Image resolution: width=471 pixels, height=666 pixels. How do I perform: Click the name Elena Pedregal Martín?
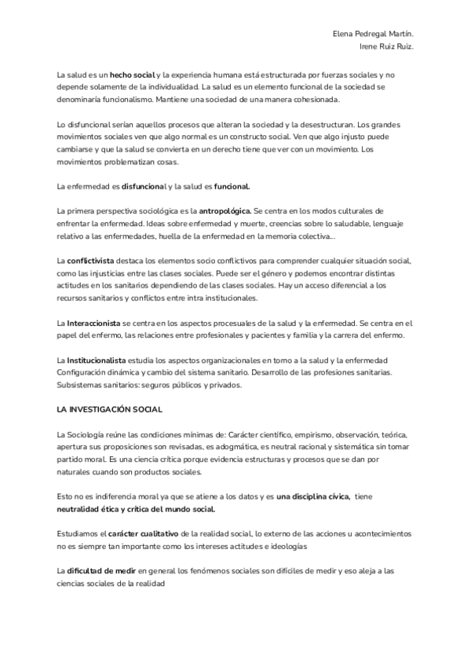click(372, 35)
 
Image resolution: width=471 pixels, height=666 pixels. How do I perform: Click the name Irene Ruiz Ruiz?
click(387, 46)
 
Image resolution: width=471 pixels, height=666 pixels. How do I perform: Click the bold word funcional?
click(232, 186)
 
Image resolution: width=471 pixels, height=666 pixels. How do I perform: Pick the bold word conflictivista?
click(90, 260)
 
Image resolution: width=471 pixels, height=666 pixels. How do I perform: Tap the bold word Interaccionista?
click(93, 323)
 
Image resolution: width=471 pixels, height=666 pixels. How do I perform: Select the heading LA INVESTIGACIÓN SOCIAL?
click(109, 410)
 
